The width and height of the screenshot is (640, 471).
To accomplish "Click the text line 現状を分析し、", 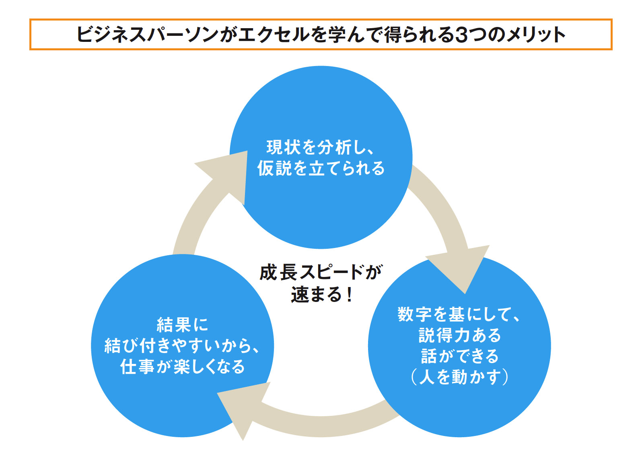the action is click(321, 148).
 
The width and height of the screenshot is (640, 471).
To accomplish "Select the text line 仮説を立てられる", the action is click(321, 168).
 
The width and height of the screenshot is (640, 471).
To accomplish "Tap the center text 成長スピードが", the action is click(321, 272).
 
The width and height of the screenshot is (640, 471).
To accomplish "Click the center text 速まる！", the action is click(321, 294).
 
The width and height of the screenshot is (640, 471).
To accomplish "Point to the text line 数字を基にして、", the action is click(459, 314).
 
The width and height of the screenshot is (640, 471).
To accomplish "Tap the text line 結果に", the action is click(182, 324).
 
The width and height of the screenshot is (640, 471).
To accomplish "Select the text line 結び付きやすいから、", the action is click(182, 345).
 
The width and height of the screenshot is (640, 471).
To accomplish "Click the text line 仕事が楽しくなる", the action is click(182, 366).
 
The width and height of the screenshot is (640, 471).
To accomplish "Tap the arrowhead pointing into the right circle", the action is click(460, 266).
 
